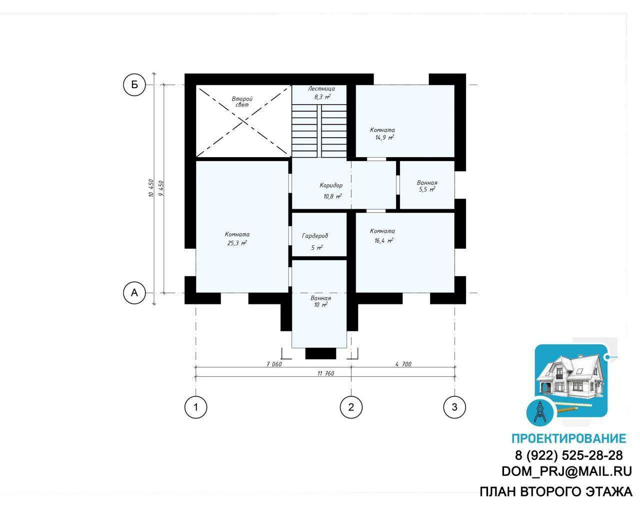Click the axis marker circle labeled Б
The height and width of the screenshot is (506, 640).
(x=134, y=85)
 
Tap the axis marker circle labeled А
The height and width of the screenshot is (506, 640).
(x=134, y=293)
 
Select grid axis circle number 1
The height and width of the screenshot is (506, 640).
(x=195, y=407)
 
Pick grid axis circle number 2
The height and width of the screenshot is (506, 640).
(x=351, y=407)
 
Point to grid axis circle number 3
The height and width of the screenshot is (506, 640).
(x=454, y=407)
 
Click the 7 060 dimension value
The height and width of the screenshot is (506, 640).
(x=274, y=364)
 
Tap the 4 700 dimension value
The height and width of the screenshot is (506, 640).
(x=403, y=364)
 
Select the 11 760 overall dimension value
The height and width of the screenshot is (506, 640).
(x=325, y=373)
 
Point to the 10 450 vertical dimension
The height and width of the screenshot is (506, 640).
(x=151, y=189)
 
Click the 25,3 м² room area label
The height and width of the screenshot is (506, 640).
(x=237, y=243)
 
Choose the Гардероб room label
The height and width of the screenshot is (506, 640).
(x=315, y=236)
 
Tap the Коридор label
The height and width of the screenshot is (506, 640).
(x=331, y=186)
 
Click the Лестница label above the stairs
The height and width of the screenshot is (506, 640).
(x=321, y=89)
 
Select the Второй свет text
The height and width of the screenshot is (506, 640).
(x=242, y=102)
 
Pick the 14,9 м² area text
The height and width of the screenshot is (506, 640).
(x=384, y=137)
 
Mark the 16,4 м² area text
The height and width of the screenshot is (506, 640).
(x=384, y=240)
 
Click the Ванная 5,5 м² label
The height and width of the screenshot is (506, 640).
(x=427, y=186)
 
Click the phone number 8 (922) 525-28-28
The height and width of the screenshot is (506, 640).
(x=568, y=455)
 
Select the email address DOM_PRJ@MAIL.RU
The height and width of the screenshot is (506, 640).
(x=566, y=471)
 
